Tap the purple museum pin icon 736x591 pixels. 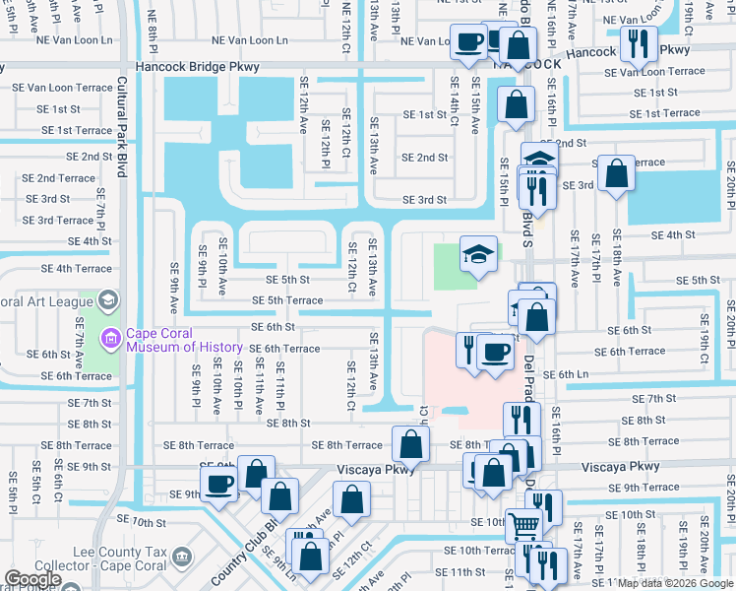(111, 340)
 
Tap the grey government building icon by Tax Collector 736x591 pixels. (181, 558)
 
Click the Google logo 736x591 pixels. (32, 580)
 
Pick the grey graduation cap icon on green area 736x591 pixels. (476, 254)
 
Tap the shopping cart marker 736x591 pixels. (523, 526)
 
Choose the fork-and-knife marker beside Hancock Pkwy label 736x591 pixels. (642, 42)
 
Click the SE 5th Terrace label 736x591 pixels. (287, 300)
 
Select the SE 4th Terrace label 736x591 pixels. (76, 268)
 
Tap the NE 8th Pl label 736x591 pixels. (153, 25)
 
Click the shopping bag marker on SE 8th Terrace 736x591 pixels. (410, 444)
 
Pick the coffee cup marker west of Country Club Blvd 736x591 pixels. (218, 483)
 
